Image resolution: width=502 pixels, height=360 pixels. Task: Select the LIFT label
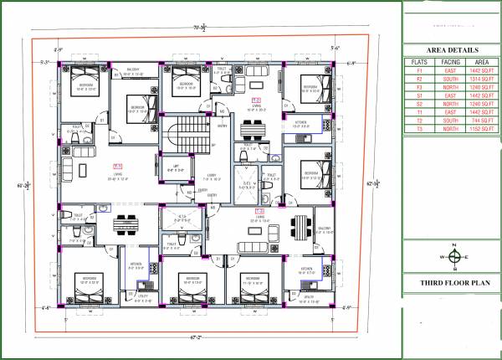pos(176,167)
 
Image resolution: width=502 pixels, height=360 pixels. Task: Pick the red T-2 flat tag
pos(256,100)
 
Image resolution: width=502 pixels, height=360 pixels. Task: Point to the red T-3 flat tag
pos(260,211)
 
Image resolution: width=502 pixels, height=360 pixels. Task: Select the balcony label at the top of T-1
pos(134,71)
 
